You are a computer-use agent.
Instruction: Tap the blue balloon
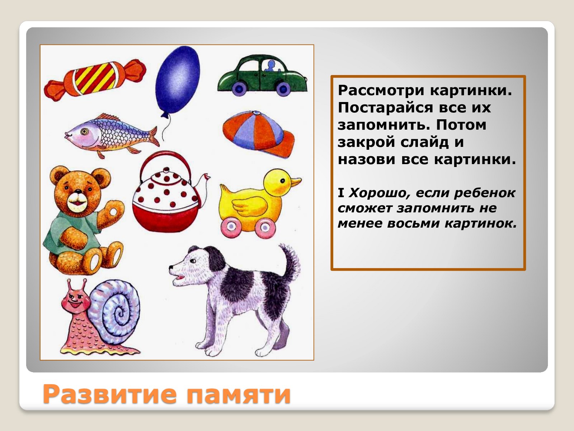pyautogui.click(x=177, y=80)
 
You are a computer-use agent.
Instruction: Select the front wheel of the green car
pyautogui.click(x=283, y=89)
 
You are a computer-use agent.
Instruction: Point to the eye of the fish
pyautogui.click(x=84, y=131)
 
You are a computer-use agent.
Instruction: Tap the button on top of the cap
pyautogui.click(x=256, y=113)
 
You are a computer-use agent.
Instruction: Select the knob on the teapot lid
pyautogui.click(x=166, y=171)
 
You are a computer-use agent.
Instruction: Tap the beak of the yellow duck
pyautogui.click(x=296, y=182)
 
